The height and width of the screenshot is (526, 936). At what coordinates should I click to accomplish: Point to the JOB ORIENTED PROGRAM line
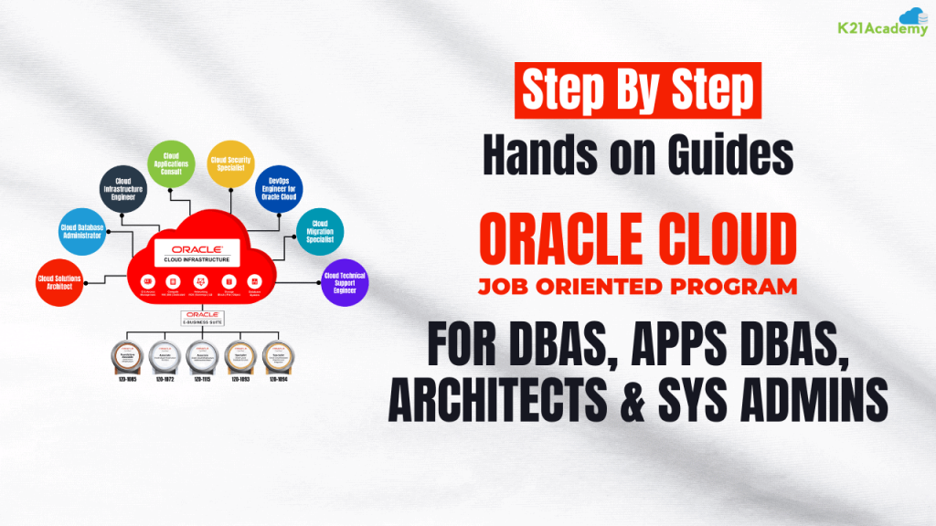(x=638, y=287)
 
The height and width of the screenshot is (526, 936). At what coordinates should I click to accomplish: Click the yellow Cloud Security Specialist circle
(x=230, y=163)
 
